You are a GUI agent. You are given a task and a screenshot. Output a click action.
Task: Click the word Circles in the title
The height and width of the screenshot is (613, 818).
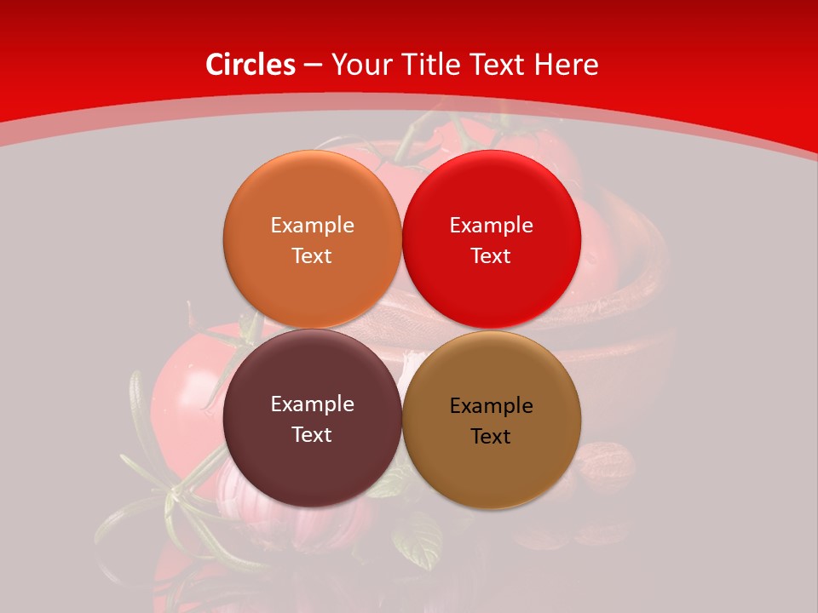coord(250,65)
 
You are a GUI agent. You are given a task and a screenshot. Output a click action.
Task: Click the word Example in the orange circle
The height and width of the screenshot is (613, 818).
coord(312,226)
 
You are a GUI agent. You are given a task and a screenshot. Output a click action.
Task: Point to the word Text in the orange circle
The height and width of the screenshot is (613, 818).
coord(312,256)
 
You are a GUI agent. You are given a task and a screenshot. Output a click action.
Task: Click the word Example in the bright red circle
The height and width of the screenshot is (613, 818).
coord(492,226)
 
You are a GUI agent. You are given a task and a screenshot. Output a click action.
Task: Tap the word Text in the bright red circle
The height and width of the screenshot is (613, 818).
coord(492,256)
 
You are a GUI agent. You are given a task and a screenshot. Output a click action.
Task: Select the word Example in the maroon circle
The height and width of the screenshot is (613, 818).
coord(312,404)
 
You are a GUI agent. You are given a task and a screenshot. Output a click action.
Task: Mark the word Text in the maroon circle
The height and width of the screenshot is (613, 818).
coord(312,435)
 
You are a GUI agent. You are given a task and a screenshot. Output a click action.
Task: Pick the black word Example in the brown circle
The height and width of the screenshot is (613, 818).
coord(492,406)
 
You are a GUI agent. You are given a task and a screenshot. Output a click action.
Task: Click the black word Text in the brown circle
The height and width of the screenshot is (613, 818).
coord(492,437)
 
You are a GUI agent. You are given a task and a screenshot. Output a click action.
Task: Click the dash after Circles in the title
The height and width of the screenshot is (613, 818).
coord(313,65)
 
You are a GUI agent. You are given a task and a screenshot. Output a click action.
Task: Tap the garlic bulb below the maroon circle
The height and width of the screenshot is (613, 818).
coord(256,511)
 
